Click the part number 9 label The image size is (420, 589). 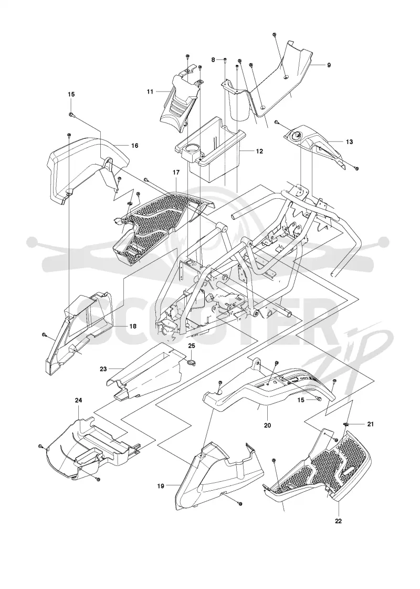(x=329, y=65)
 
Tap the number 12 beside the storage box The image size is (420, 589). (x=259, y=151)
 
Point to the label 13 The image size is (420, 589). (x=349, y=142)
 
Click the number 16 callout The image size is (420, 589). (x=134, y=145)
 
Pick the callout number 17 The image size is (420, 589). (x=176, y=172)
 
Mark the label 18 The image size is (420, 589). (x=133, y=326)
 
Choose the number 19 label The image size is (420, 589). (x=161, y=486)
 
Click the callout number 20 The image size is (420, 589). (x=267, y=425)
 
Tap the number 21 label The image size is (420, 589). (x=371, y=424)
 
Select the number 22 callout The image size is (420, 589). (x=339, y=521)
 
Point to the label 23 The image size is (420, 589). (x=103, y=369)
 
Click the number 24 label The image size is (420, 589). (x=78, y=400)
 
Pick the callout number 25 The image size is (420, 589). (x=192, y=345)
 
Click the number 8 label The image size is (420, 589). (x=213, y=60)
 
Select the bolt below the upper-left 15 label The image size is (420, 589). (x=71, y=115)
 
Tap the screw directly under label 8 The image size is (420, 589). (x=224, y=60)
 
